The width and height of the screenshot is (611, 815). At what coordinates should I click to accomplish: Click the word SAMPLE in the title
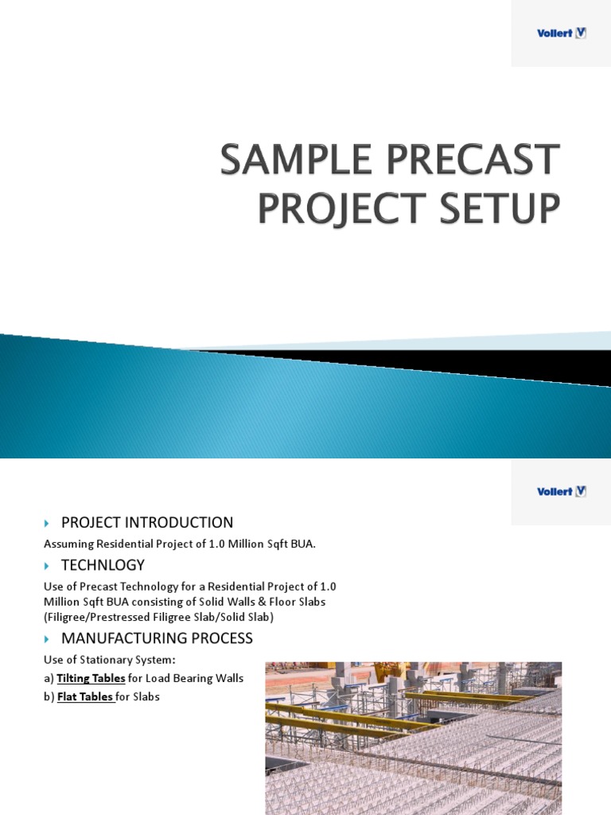(296, 159)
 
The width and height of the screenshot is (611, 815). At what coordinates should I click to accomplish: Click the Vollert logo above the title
(561, 33)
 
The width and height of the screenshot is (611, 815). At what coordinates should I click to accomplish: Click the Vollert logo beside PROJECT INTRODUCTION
(561, 492)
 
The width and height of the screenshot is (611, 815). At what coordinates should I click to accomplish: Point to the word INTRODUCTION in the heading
(177, 523)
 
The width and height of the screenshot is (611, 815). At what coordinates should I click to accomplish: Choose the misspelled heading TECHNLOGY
(103, 566)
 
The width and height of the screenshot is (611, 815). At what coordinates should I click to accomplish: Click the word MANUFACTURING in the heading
(127, 638)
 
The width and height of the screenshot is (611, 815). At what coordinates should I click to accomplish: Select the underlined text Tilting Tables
(91, 679)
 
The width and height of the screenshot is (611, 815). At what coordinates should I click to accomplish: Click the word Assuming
(68, 544)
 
